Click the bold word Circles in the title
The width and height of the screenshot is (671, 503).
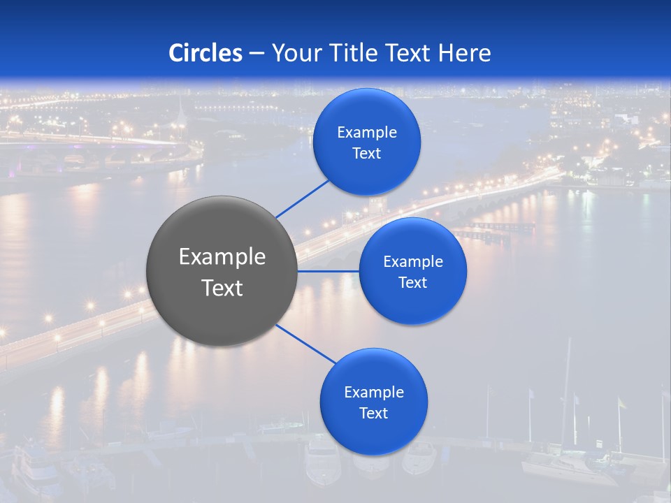click(205, 53)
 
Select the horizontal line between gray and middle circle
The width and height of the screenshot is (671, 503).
click(329, 271)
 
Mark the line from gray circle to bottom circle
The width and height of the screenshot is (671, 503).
click(305, 344)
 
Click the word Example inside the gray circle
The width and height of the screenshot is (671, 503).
click(222, 257)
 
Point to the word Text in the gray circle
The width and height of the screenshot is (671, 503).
click(222, 288)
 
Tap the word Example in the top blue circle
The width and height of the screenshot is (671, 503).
click(367, 133)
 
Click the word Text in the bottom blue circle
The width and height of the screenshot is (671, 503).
click(374, 413)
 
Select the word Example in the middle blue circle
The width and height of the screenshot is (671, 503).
click(413, 262)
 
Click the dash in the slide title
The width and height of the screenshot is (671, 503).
click(257, 53)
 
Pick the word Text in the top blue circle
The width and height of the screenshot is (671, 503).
click(367, 154)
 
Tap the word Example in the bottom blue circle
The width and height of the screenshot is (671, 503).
click(374, 392)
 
